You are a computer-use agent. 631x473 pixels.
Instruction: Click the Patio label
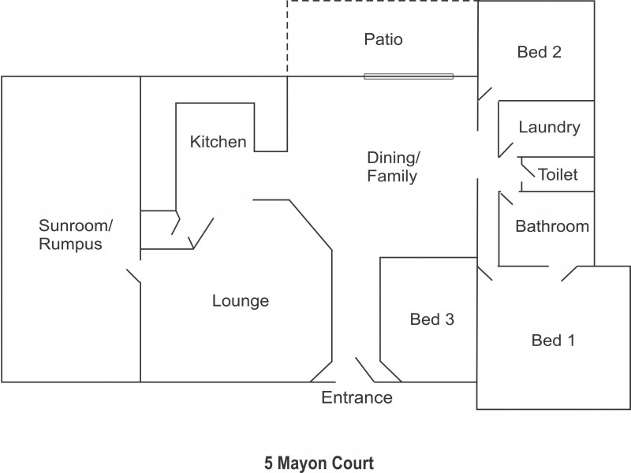pos(383,39)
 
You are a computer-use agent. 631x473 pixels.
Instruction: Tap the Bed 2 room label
pos(539,53)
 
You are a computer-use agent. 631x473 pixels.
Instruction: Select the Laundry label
pos(549,127)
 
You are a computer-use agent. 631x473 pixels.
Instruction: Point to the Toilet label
pos(557,174)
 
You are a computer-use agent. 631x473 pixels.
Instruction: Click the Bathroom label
pos(551,226)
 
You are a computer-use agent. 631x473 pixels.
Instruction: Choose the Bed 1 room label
pos(553,341)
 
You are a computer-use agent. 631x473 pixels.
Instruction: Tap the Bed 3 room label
pos(431,319)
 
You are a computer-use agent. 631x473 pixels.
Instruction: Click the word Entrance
pos(357,397)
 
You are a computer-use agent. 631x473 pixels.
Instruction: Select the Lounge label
pos(241,300)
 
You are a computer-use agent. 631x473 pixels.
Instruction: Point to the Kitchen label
pos(218,142)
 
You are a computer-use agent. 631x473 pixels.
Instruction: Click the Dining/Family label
pos(392,166)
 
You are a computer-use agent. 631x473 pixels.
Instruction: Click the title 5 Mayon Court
pos(319,461)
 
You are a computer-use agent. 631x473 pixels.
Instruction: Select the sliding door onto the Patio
pos(409,76)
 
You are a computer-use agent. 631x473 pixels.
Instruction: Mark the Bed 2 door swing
pos(486,93)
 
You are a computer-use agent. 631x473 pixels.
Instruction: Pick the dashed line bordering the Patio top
pos(383,2)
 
